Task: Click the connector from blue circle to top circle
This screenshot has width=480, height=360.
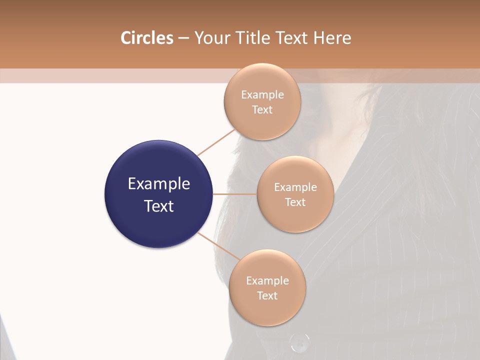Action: tap(215, 142)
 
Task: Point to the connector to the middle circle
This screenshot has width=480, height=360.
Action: tap(235, 194)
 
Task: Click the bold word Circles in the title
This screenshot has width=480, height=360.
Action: tap(146, 38)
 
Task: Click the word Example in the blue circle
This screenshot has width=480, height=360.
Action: tap(159, 184)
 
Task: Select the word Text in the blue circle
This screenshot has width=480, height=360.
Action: tap(159, 206)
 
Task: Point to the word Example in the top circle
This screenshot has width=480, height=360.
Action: tap(262, 94)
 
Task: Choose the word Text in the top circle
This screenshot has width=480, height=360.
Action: tap(262, 109)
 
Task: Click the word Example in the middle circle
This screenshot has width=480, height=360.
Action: tap(295, 187)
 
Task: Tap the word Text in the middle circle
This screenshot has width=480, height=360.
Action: tap(295, 202)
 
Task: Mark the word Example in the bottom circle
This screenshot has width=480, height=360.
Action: tap(267, 280)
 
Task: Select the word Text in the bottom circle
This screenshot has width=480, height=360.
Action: tap(267, 295)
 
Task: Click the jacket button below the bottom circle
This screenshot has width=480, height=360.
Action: tap(299, 342)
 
